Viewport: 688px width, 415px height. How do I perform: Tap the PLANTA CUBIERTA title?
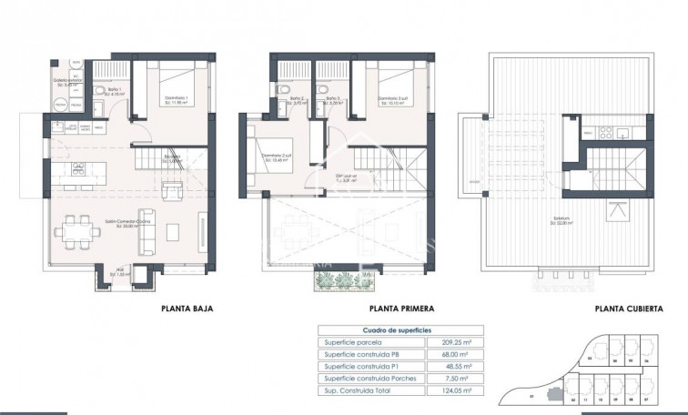pos(628,309)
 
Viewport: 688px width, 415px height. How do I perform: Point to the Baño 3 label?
pos(332,99)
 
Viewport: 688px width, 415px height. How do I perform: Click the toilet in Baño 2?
pos(286,87)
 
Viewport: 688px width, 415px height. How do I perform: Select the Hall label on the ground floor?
pos(116,270)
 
